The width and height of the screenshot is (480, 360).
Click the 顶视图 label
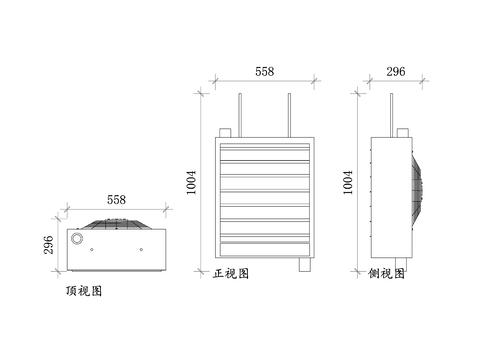(82, 292)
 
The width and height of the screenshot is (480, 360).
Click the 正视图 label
(231, 272)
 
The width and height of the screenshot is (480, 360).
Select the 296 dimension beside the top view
(48, 245)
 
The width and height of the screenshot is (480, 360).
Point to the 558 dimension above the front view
(264, 72)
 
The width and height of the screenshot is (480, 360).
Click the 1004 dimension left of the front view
(192, 181)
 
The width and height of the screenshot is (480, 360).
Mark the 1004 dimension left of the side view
(348, 181)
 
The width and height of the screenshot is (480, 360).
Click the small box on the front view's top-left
(226, 132)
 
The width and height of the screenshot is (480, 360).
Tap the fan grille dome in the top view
(116, 224)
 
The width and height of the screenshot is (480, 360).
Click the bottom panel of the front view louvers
(264, 249)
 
